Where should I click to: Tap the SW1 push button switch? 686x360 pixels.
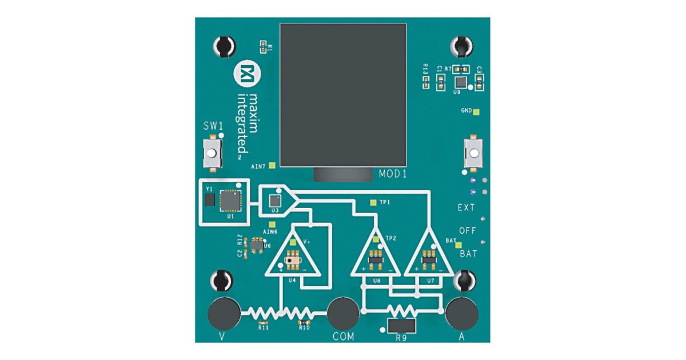pos(212,154)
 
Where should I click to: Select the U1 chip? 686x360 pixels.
pos(230,200)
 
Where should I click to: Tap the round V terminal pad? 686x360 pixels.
pos(224,313)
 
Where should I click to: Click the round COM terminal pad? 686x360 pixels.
pos(343,313)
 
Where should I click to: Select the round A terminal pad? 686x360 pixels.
pos(461,313)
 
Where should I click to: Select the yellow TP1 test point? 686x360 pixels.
pos(373,202)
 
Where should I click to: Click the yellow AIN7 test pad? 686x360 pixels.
pos(272,166)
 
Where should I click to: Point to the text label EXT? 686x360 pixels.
pos(466,208)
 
